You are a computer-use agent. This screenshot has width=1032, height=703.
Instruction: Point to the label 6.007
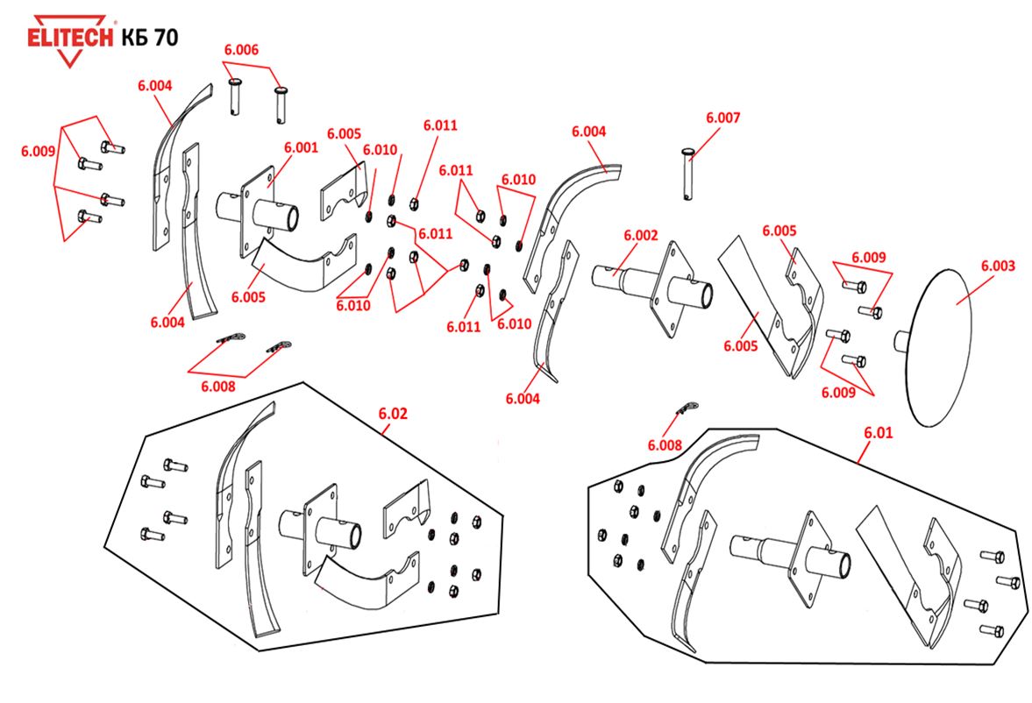click(x=722, y=117)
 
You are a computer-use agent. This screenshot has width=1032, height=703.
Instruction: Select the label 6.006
click(x=241, y=50)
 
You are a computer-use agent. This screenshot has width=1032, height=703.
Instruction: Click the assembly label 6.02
click(x=393, y=412)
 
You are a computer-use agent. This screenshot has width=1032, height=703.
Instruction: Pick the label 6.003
click(x=998, y=265)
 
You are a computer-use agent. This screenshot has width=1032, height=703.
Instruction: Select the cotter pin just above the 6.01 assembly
click(x=686, y=408)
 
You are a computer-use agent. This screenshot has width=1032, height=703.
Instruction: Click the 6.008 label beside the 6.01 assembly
click(x=665, y=445)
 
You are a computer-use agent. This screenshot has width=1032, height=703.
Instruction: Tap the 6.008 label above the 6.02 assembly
click(x=218, y=386)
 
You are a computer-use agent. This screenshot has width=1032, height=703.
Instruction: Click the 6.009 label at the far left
click(x=39, y=151)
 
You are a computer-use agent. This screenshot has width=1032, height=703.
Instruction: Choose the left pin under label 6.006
click(x=235, y=95)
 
